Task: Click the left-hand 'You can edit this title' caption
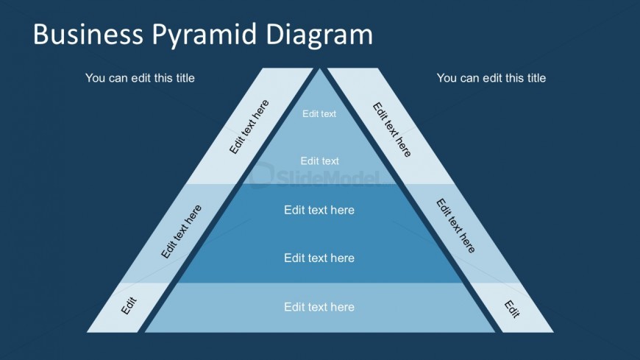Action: pos(140,77)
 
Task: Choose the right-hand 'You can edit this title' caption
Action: pos(491,77)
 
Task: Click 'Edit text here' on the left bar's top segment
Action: pos(249,127)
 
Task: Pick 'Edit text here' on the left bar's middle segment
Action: pos(181,231)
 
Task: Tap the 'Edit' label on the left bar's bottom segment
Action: pos(129,306)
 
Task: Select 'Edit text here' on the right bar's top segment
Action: pos(391,130)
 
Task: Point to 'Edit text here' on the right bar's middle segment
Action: pos(455,225)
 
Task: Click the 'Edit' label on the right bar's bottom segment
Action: pos(512,309)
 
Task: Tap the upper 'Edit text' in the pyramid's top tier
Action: pos(319,114)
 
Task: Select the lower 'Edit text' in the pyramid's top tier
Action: pos(319,161)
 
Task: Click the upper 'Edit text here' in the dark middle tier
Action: pos(319,210)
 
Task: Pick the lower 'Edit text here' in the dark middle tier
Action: pos(319,258)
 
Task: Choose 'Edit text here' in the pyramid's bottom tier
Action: pos(319,307)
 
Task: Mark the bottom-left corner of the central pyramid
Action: pos(146,331)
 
